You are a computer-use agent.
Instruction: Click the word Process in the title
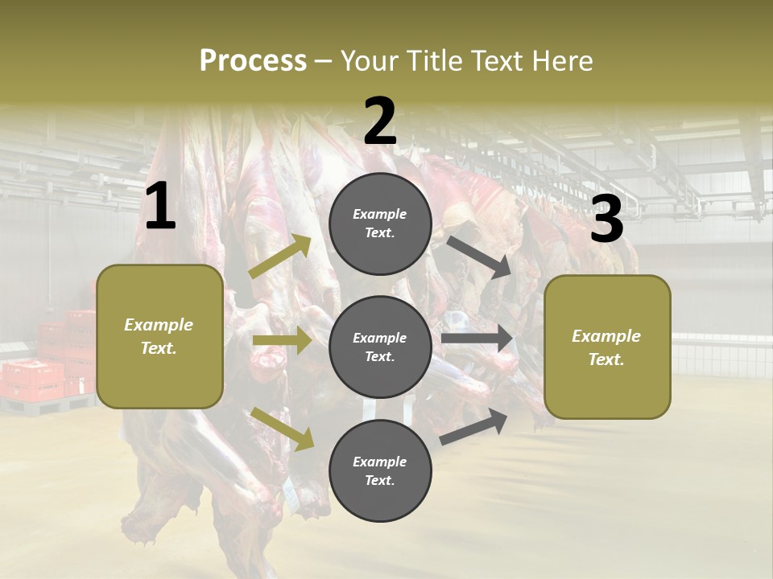tap(253, 60)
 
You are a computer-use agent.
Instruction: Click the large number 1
tap(160, 207)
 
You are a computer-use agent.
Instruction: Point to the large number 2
tap(380, 121)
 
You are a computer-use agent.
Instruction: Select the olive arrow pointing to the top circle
tap(280, 257)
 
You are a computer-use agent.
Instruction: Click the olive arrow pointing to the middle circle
tap(282, 341)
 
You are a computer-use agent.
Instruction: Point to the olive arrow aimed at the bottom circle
tap(283, 428)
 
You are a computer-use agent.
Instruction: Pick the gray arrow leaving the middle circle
tap(477, 339)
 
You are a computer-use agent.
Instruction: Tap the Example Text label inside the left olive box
tap(159, 336)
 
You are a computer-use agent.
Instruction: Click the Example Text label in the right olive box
tap(606, 347)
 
